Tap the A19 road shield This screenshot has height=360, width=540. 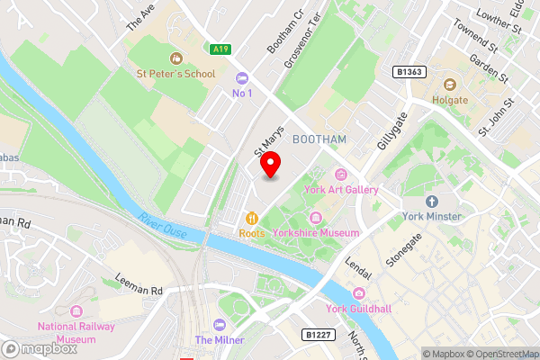[220, 49]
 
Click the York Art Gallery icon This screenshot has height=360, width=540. [340, 175]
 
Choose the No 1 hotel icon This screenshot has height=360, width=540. [241, 77]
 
